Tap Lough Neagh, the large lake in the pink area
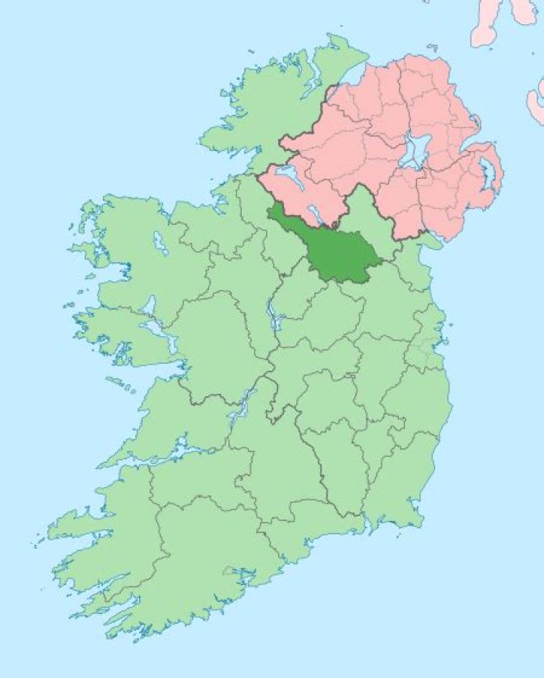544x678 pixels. (x=413, y=152)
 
